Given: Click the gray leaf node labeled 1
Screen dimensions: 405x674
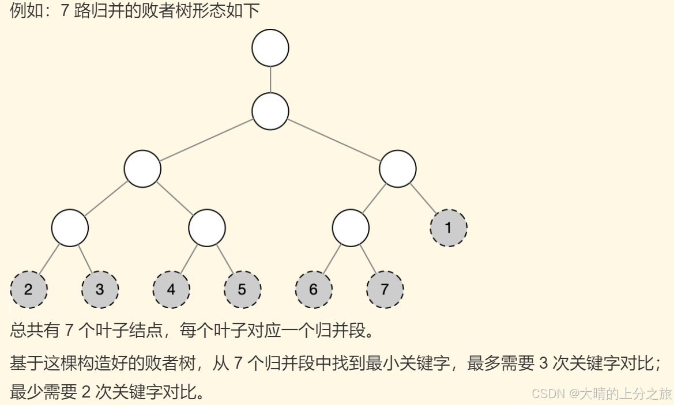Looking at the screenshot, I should coord(449,228).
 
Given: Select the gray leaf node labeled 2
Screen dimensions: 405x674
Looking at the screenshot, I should coord(28,289).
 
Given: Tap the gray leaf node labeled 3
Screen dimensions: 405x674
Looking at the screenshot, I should coord(100,289).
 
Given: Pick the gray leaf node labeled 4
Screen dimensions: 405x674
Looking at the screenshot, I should coord(171,289).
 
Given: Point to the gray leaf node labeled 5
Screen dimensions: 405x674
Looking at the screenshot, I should coord(242,289).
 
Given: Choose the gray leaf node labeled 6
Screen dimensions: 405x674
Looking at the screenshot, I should coord(314,289).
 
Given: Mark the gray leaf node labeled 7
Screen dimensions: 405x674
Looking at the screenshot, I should coord(385,289).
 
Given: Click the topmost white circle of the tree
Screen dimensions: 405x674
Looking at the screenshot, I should coord(270,48).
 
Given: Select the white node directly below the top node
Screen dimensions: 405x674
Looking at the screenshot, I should coord(270,111).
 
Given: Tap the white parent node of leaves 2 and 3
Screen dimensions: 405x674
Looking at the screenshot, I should coord(70,228).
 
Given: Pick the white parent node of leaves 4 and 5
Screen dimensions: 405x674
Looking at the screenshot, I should coord(207,228).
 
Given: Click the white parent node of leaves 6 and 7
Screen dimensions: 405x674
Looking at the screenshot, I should coord(351,228).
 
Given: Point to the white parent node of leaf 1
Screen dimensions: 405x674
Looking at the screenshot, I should coord(398,169).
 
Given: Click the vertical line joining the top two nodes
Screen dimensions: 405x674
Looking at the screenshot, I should coord(270,80).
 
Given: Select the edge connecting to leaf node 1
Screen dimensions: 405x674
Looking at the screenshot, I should coord(424,199).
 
